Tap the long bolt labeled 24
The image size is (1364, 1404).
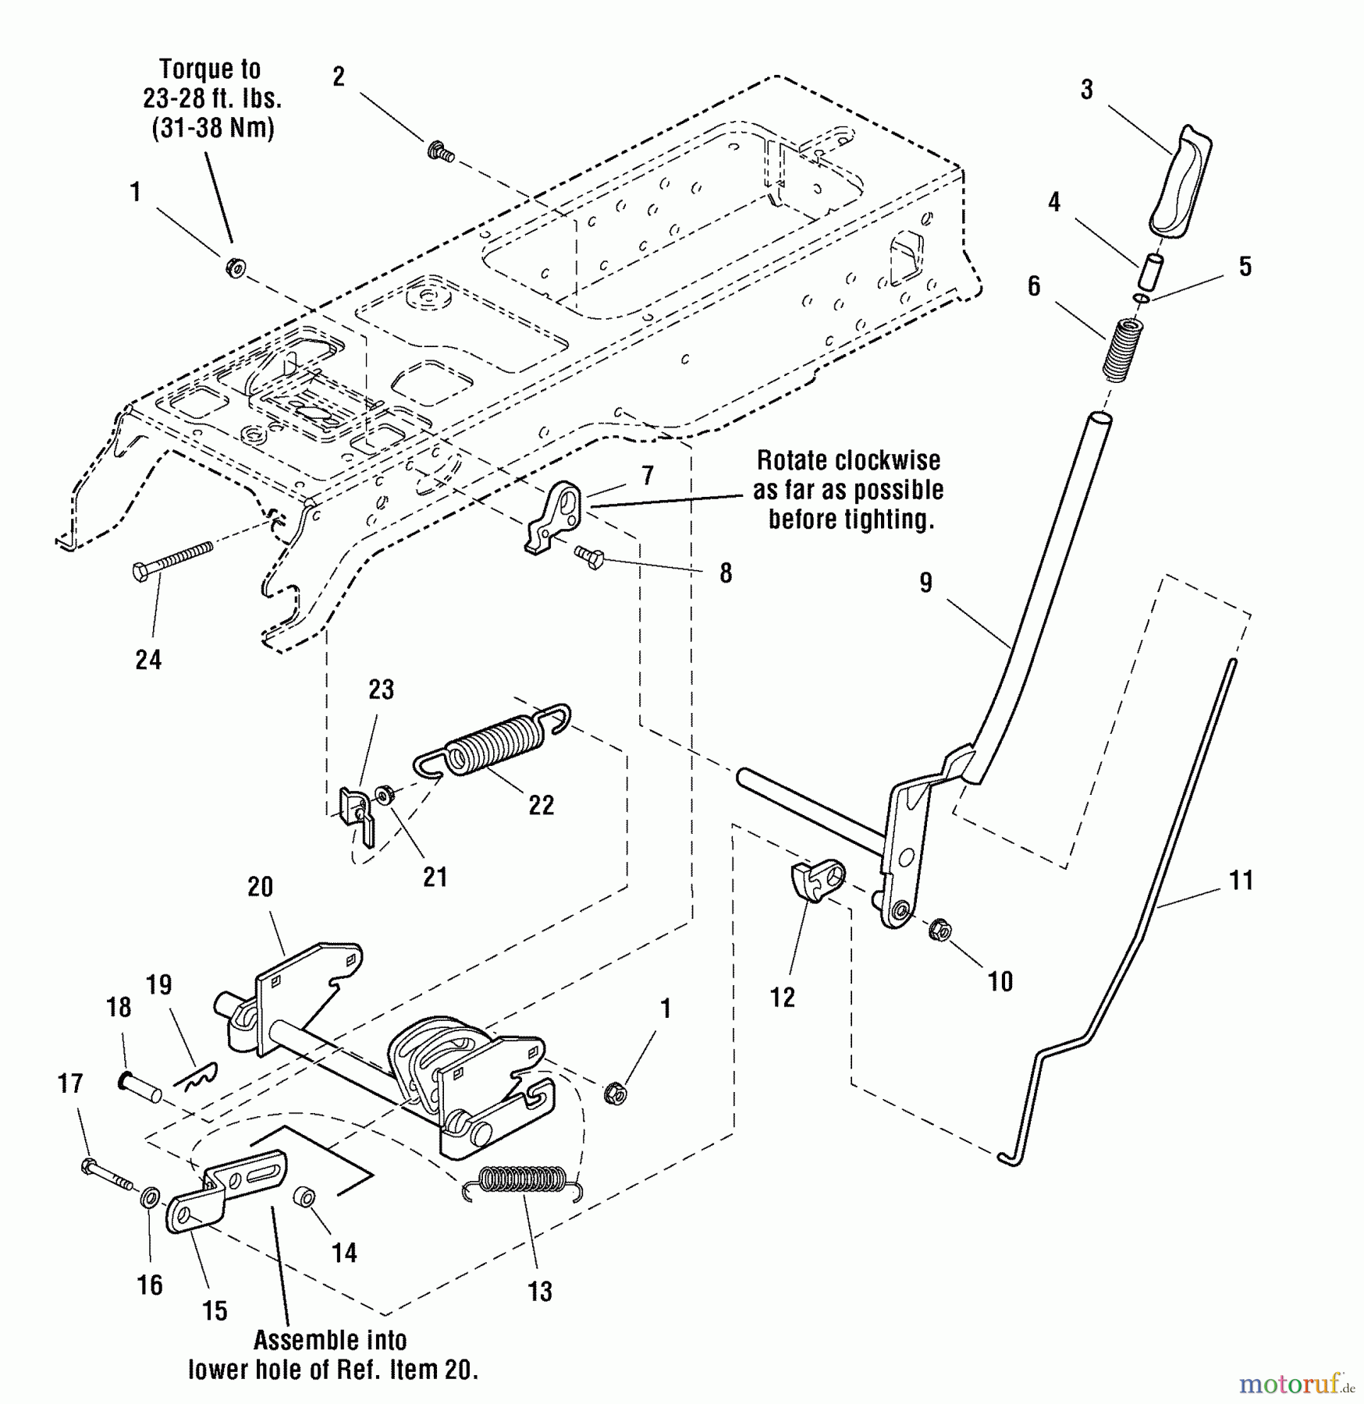(173, 561)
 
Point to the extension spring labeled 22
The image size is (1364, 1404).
(493, 745)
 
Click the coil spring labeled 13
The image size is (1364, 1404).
(521, 1179)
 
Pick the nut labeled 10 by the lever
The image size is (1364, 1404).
(940, 930)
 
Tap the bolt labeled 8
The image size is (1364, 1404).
(590, 557)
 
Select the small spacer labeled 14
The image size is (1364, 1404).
(304, 1197)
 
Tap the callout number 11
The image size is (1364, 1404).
(1241, 881)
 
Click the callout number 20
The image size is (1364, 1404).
(260, 887)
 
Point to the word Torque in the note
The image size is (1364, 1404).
(198, 70)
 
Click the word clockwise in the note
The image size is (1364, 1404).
(890, 461)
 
